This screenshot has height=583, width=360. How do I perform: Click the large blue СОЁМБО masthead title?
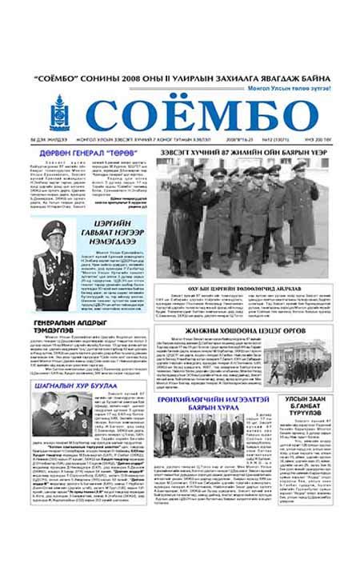click(x=201, y=114)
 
